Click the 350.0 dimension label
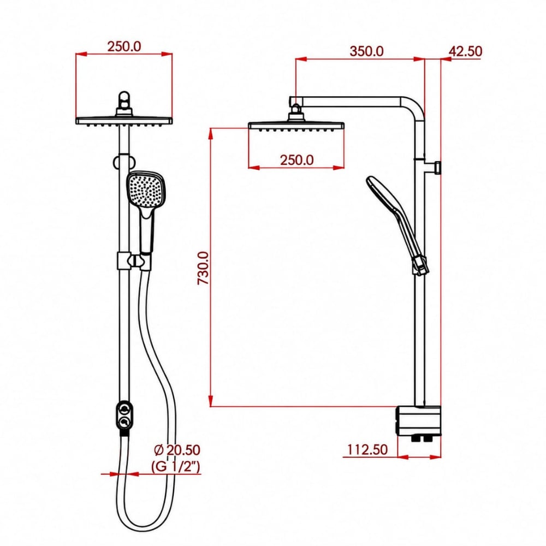point(366,51)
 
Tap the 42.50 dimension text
point(465,51)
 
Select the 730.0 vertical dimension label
point(203,268)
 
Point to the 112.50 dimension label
point(367,449)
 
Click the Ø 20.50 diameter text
point(177,450)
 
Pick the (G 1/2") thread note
point(176,466)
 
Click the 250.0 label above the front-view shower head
point(124,46)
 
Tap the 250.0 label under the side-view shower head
point(296,160)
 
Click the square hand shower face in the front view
point(146,190)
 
